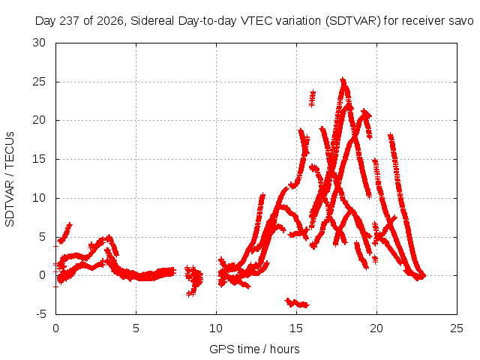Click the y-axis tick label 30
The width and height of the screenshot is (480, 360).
pyautogui.click(x=39, y=43)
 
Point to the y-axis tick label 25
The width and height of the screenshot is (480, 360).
pyautogui.click(x=39, y=82)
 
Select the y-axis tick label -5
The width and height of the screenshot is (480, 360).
pyautogui.click(x=41, y=314)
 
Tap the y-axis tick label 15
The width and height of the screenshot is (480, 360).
pyautogui.click(x=39, y=159)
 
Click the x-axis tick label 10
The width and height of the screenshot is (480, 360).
pyautogui.click(x=216, y=328)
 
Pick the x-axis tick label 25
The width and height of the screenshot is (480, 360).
pyautogui.click(x=457, y=328)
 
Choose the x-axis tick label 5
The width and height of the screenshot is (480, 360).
pyautogui.click(x=136, y=328)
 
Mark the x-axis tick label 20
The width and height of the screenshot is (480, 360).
pyautogui.click(x=376, y=328)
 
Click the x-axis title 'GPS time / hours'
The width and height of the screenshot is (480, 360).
pyautogui.click(x=254, y=349)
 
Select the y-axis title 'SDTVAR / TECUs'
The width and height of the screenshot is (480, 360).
pyautogui.click(x=10, y=179)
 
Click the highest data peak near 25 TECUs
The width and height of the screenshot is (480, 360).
pyautogui.click(x=343, y=80)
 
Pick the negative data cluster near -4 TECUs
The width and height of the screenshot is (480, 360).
pyautogui.click(x=297, y=303)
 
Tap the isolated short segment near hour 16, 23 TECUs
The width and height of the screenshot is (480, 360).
pyautogui.click(x=312, y=98)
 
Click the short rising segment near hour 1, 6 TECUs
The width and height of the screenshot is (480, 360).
pyautogui.click(x=65, y=233)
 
